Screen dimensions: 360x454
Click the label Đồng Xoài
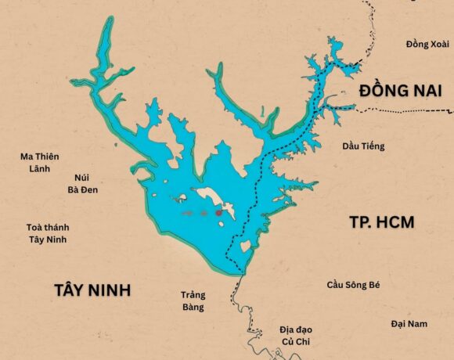(x=427, y=44)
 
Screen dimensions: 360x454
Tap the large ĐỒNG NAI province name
(x=395, y=91)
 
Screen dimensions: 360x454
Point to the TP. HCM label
(x=381, y=222)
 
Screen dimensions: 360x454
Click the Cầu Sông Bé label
(x=353, y=284)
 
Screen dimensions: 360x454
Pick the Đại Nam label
(x=409, y=323)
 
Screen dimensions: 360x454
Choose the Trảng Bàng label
(x=193, y=301)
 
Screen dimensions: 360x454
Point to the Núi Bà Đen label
(x=82, y=183)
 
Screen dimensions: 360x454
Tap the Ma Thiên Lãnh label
(x=39, y=163)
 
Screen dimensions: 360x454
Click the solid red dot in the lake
(x=219, y=212)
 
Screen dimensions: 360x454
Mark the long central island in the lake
(x=211, y=198)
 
